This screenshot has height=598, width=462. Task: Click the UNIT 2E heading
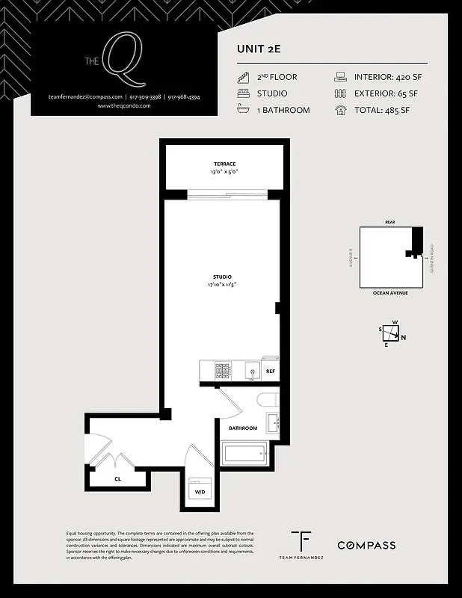tap(258, 49)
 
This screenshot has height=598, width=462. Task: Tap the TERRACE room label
tap(224, 164)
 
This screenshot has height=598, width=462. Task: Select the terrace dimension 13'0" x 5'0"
tap(224, 172)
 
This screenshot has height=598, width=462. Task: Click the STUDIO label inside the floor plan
tap(222, 276)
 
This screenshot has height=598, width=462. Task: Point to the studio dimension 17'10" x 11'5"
tap(222, 284)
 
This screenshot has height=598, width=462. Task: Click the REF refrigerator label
tap(270, 372)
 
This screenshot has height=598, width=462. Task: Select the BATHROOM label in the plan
tap(243, 428)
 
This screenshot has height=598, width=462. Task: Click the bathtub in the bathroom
tap(244, 453)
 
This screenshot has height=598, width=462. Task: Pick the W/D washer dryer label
tap(200, 493)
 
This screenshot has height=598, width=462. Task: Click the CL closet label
tap(117, 478)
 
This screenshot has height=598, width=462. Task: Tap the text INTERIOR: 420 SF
tap(387, 77)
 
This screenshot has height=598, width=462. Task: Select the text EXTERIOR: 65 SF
tap(387, 93)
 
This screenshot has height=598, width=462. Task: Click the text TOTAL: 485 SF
tap(383, 110)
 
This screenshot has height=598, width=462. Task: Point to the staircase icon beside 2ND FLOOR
tap(243, 77)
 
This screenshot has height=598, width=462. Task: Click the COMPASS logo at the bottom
tap(366, 545)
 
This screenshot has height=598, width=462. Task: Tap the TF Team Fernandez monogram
tap(301, 541)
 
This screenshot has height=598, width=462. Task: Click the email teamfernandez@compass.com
tap(84, 97)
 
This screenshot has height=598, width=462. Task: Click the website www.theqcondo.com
tap(124, 106)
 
